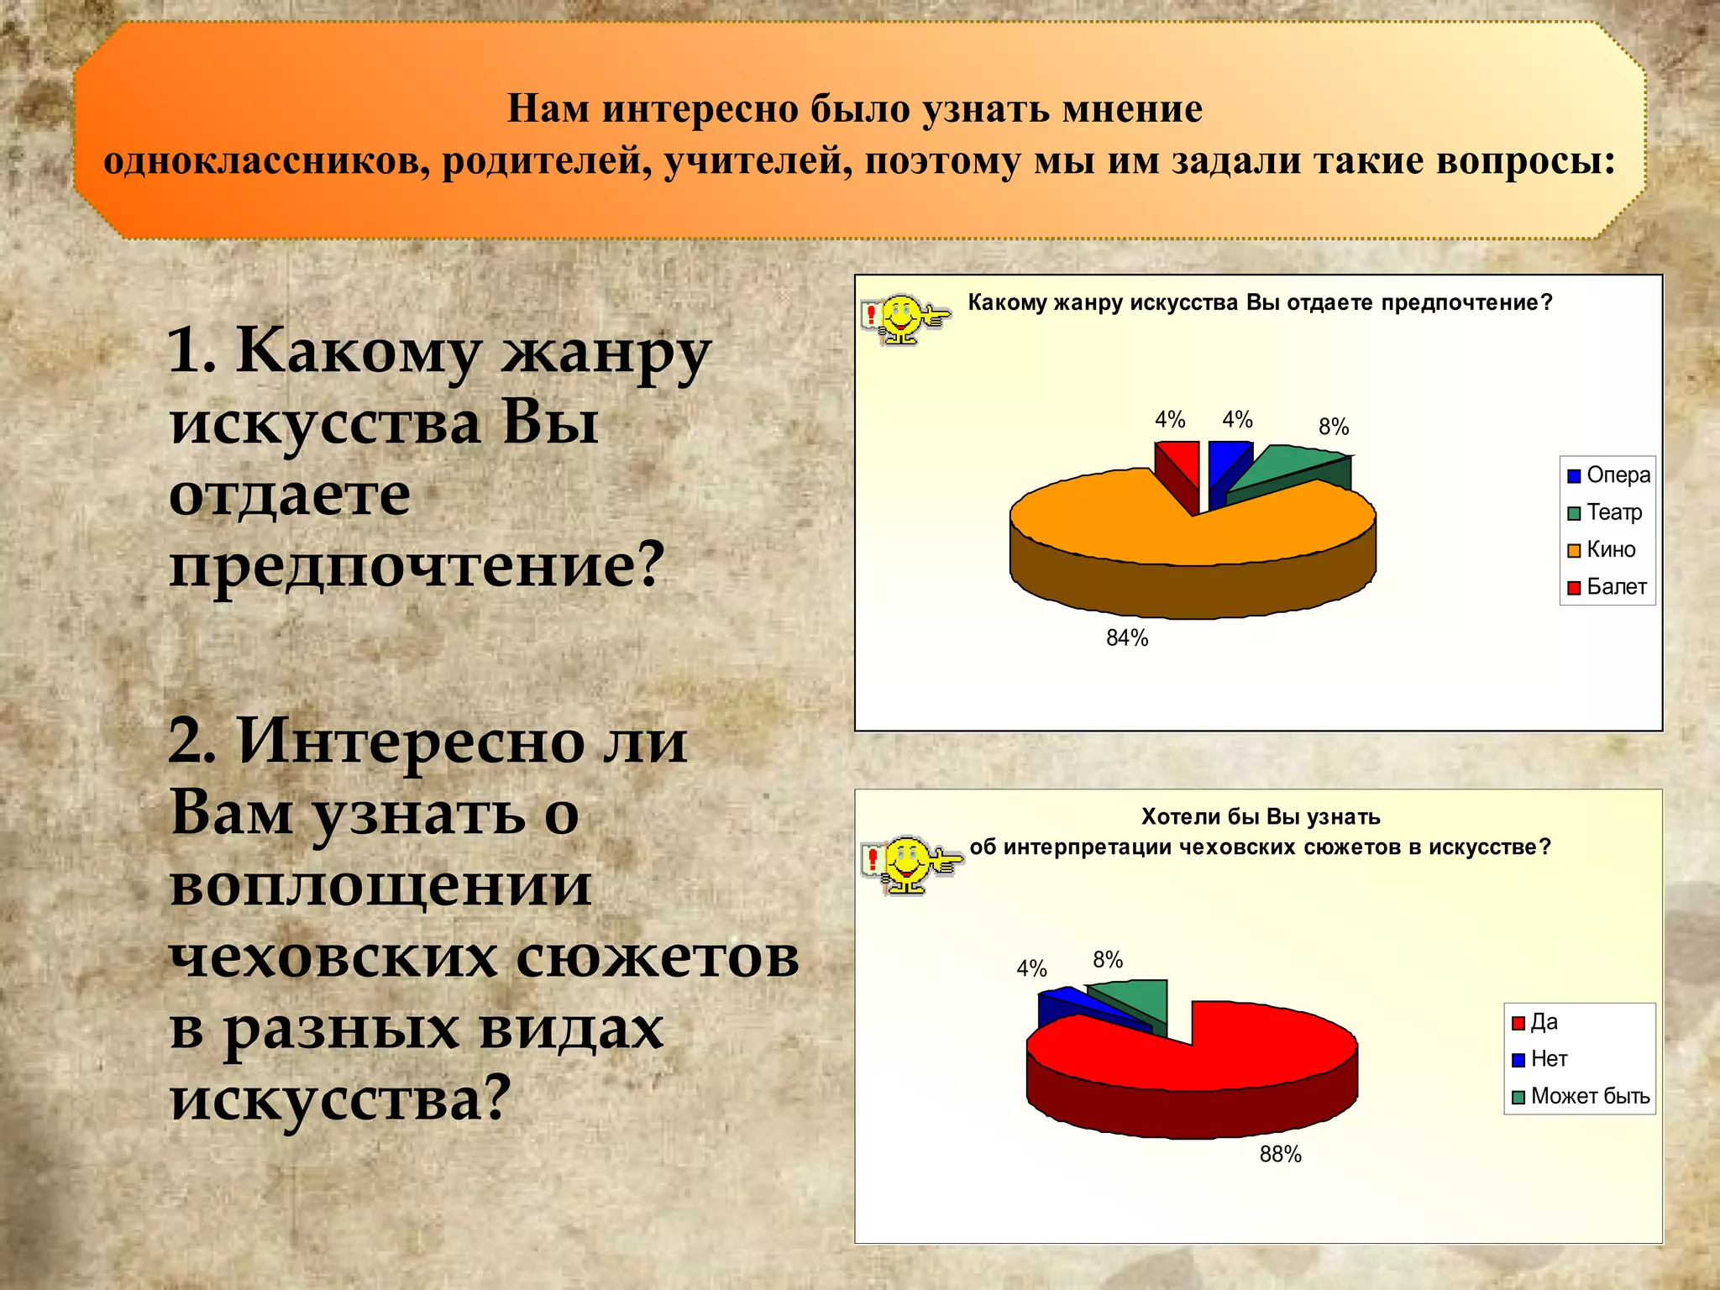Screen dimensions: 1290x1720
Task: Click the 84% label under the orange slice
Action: coord(1126,638)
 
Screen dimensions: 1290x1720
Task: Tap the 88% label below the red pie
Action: coord(1280,1155)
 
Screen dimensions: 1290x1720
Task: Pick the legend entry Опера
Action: coord(1608,475)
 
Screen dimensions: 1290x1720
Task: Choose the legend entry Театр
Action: coord(1604,512)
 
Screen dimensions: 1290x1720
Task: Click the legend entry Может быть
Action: coord(1581,1096)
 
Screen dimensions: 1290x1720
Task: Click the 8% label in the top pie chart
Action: coord(1334,427)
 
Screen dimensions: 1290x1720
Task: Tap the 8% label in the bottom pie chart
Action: coord(1108,960)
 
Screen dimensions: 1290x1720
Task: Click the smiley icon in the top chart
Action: coord(904,318)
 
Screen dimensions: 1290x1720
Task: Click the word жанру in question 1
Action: coord(606,352)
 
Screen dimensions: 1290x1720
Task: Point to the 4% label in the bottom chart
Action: coord(1031,969)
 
